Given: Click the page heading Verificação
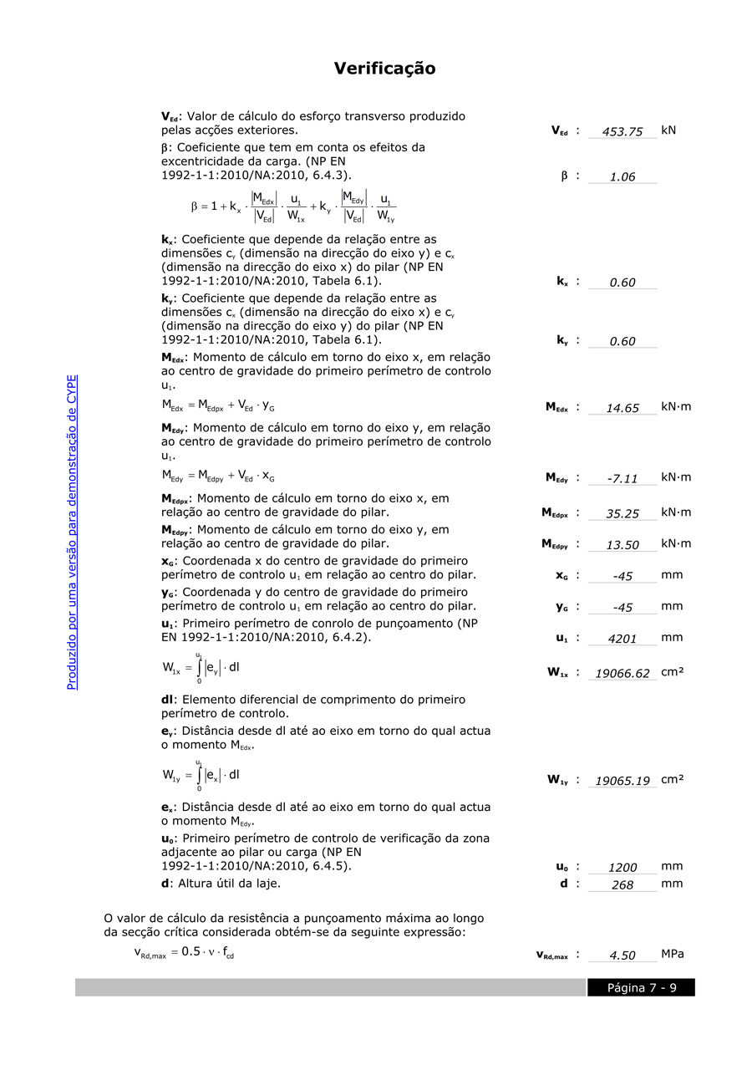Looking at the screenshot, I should coord(384,69).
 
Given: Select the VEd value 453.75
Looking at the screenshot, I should coord(622,131).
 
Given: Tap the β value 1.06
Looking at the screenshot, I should coord(622,176).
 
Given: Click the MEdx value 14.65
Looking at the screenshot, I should coord(622,408).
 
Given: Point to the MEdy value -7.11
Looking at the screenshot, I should coord(622,478).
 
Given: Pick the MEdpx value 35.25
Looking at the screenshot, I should coord(622,513).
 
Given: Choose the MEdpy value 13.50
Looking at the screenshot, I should coord(622,545).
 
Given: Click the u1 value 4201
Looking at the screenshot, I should coord(622,639).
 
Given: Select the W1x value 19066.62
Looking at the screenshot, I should coord(622,673).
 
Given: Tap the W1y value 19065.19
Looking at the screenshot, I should coord(622,781).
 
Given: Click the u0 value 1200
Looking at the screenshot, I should coord(622,868).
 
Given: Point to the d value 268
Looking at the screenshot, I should coord(622,884).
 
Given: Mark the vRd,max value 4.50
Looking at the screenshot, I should coord(622,955).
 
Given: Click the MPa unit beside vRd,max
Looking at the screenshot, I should coord(673,954).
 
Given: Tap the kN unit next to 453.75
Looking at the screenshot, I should coord(668,130).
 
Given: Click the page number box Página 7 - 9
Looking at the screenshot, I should coord(641,988).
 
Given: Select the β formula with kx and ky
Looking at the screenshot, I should coord(293,206).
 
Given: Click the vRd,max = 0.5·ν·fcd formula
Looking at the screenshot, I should coord(184,952).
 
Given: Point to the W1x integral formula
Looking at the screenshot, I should coord(201,668).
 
